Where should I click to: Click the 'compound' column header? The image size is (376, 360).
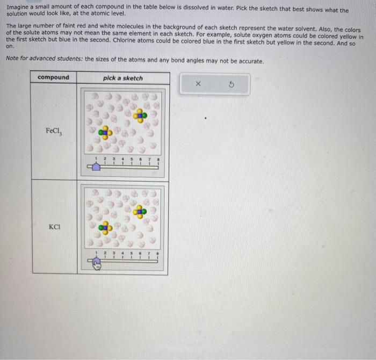53,77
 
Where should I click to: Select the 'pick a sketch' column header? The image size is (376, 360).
123,78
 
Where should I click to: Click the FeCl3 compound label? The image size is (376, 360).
53,131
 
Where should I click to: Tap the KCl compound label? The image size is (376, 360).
53,227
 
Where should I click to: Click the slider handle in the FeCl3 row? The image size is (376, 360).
96,167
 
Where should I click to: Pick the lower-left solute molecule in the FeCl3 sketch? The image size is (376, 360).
106,131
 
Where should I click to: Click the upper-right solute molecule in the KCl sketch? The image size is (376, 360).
141,211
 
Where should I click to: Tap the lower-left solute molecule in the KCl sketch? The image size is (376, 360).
106,228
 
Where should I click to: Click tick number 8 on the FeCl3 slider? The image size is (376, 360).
157,160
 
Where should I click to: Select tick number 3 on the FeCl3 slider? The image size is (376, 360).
113,160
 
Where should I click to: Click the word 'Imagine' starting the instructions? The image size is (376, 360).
18,10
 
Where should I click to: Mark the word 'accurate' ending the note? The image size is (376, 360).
251,61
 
